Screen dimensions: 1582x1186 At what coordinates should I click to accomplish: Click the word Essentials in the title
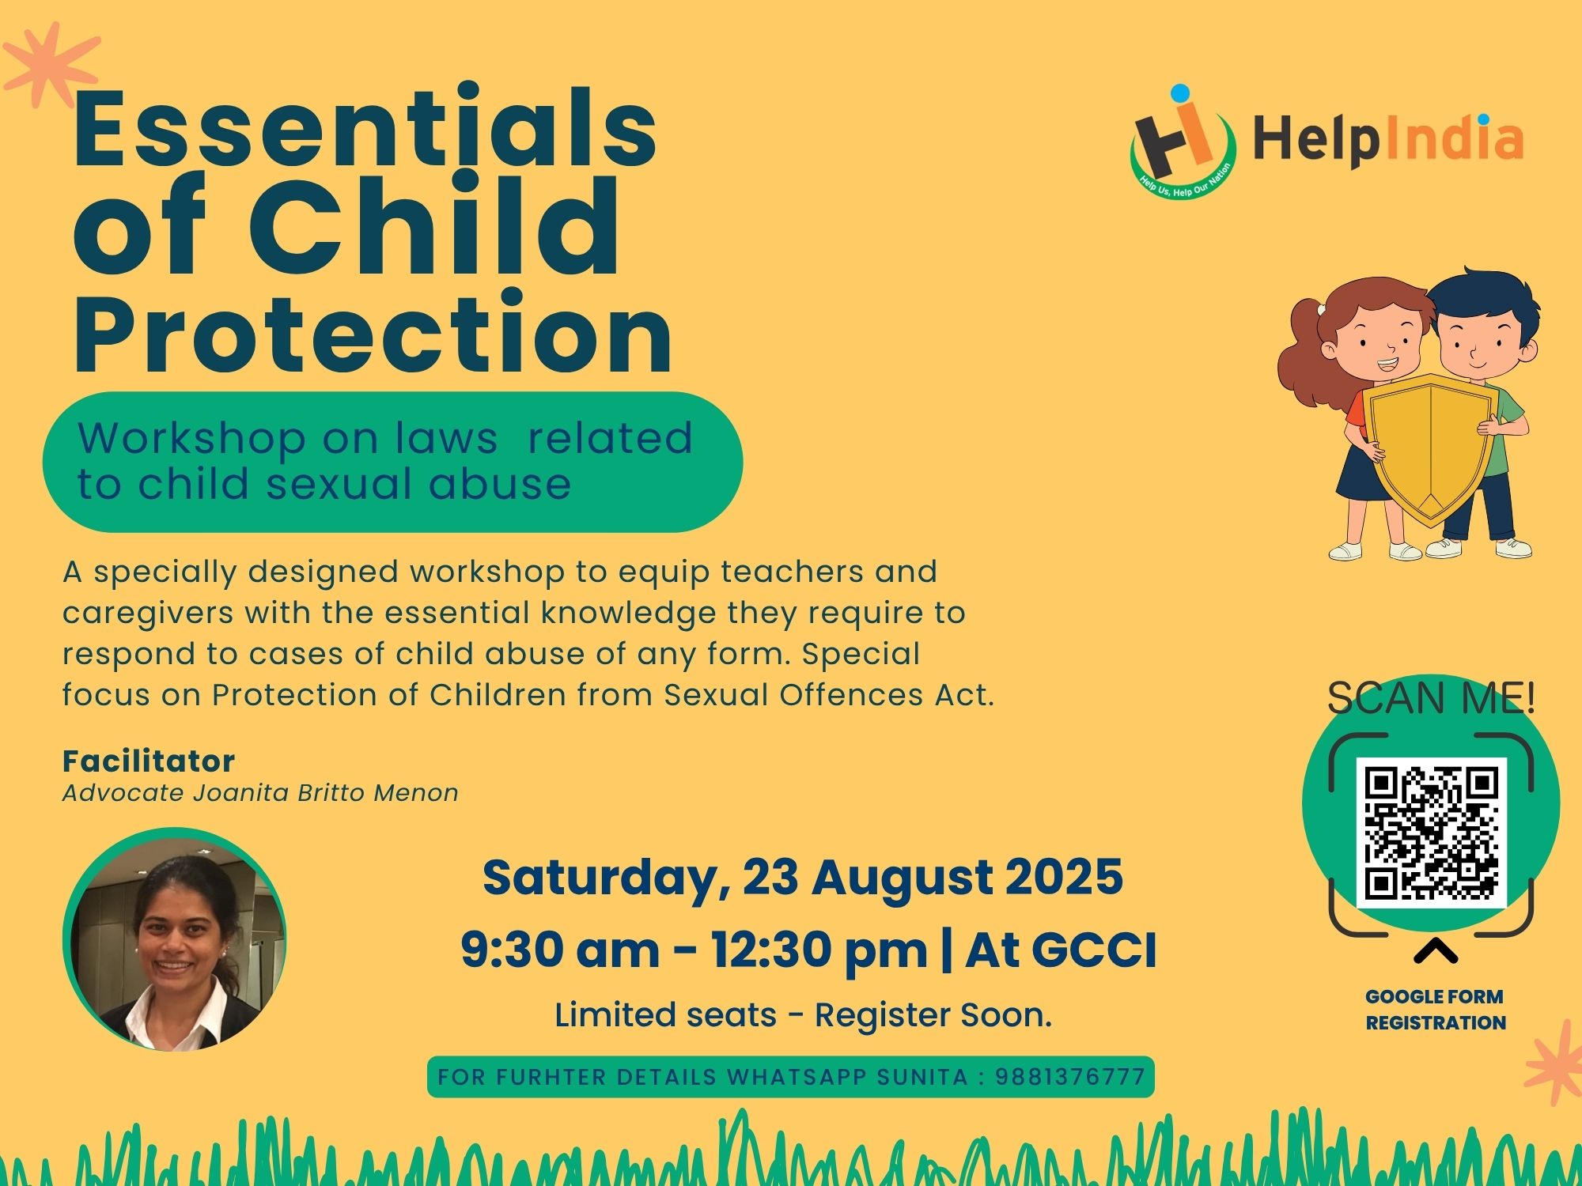point(365,127)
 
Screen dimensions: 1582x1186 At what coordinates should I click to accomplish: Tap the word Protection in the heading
point(373,332)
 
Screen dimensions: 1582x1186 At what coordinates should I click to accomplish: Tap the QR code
point(1431,833)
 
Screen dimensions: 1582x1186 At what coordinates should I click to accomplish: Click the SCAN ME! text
point(1431,697)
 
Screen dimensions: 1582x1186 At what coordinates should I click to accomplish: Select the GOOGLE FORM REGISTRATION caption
point(1435,1010)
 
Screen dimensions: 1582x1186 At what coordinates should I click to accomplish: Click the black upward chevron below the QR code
point(1435,951)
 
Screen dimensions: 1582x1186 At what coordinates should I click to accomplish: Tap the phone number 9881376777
point(1069,1077)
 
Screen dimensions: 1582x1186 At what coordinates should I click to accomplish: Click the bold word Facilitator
point(149,761)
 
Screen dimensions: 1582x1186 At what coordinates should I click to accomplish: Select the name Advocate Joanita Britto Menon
point(260,793)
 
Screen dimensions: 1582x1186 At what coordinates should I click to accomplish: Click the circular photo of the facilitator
point(174,939)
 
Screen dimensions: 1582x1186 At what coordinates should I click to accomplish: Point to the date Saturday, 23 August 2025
point(803,878)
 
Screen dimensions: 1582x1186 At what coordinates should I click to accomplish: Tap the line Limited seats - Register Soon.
point(803,1015)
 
